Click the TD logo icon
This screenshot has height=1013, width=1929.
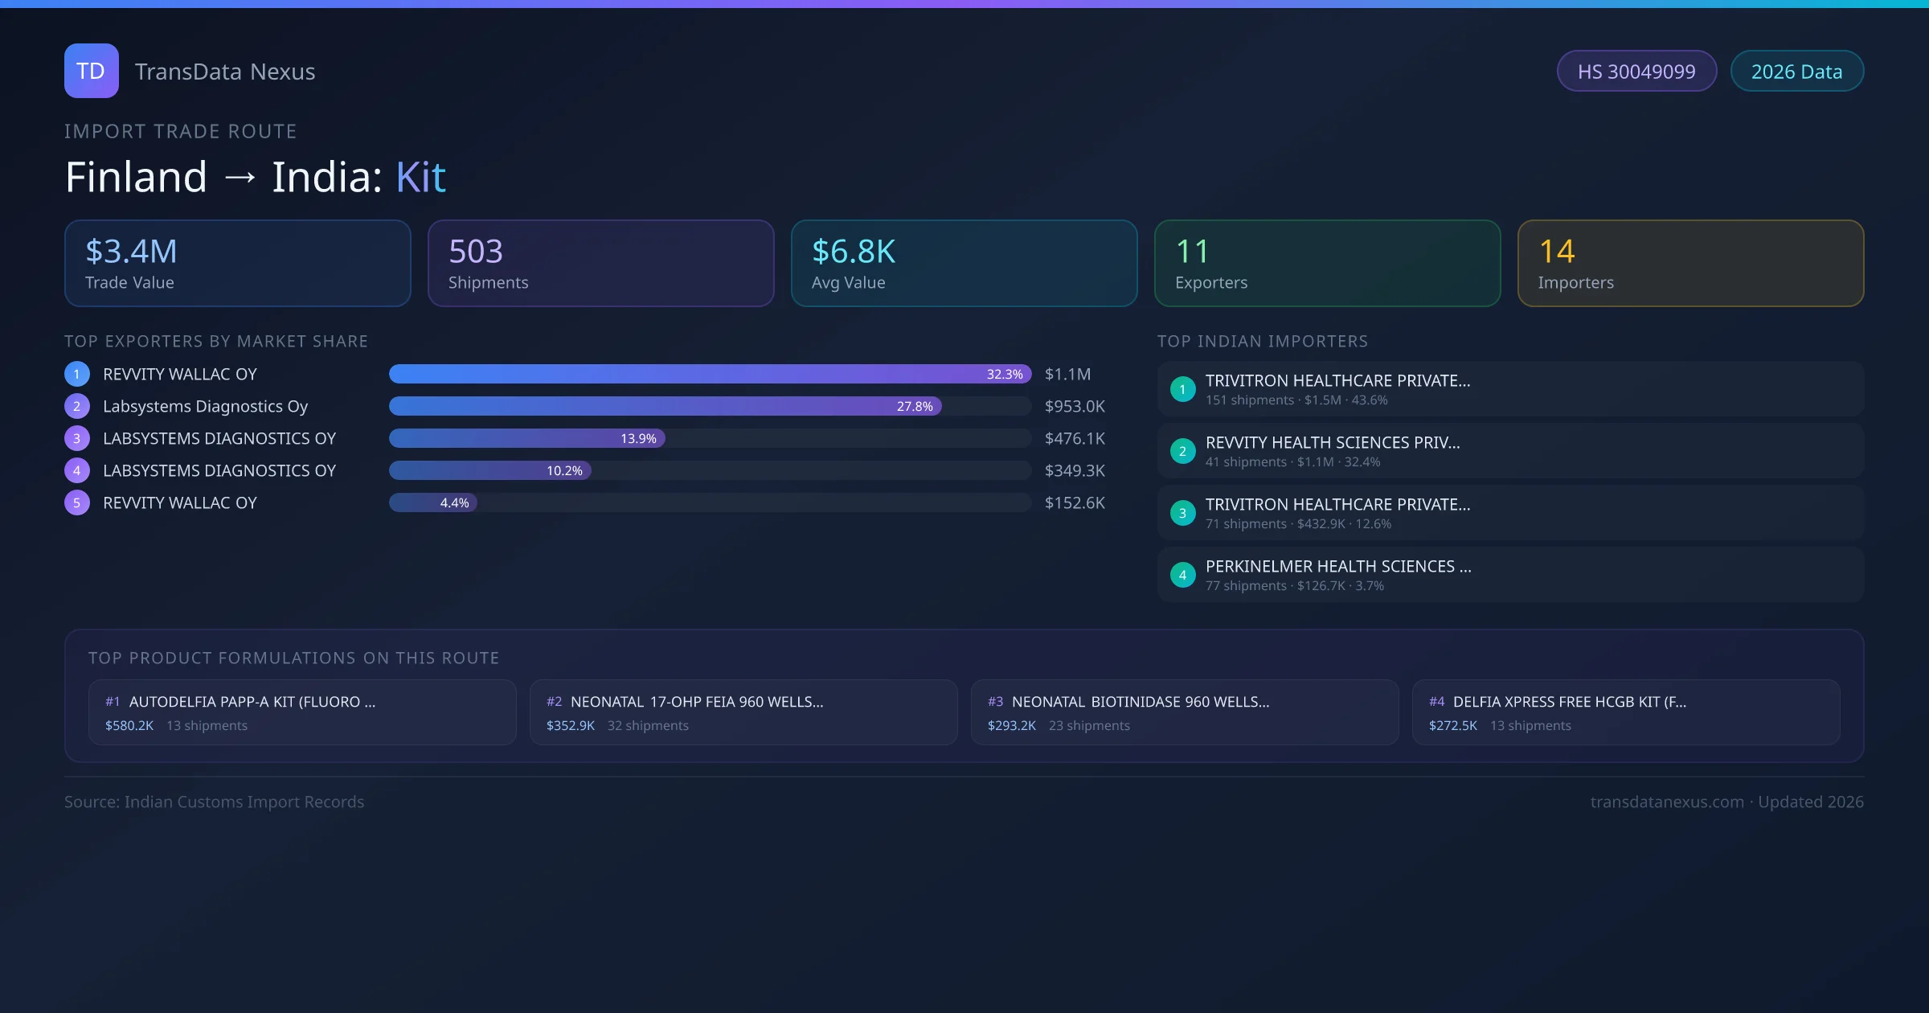coord(91,71)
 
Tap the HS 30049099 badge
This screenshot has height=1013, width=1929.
coord(1636,72)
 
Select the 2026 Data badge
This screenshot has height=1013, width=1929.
coord(1796,72)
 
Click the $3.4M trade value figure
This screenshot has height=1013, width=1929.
coord(131,252)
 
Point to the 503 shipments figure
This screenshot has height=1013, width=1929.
coord(475,252)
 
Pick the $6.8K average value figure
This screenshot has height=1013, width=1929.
coord(853,252)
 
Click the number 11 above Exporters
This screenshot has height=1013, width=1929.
coord(1191,252)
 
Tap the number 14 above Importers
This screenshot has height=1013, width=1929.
coord(1556,252)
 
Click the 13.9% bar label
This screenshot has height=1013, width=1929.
coord(638,438)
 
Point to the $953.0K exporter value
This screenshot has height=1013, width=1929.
coord(1075,406)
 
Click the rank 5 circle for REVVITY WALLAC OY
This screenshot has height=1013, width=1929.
coord(77,502)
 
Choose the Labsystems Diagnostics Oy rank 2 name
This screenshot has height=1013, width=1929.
coord(205,406)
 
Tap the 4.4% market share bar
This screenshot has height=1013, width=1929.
coord(433,502)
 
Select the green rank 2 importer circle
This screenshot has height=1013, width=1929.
coord(1182,451)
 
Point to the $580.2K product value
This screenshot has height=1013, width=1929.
coord(129,725)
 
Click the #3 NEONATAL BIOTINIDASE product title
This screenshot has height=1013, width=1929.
coord(1140,702)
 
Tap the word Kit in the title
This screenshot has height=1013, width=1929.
coord(420,177)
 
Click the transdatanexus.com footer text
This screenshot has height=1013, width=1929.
coord(1666,802)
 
